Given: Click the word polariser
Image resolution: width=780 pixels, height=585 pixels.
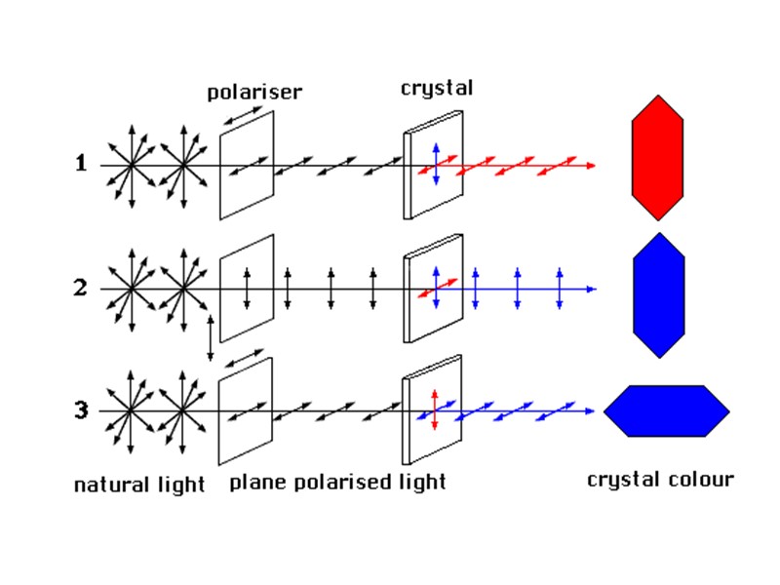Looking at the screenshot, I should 254,93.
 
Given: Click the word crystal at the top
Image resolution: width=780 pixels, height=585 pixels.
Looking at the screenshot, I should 436,88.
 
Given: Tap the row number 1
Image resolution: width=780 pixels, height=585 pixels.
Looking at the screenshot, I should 82,164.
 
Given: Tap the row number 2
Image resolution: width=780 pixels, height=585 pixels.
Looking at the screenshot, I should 82,288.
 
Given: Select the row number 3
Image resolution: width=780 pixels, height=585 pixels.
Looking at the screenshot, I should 82,410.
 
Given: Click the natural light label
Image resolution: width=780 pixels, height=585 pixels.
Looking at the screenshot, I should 139,485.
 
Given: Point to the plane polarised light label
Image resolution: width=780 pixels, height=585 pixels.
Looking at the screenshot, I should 337,482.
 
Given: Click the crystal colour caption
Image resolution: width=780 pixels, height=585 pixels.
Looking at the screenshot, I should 660,480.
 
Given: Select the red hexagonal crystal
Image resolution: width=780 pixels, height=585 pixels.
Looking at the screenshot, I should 657,158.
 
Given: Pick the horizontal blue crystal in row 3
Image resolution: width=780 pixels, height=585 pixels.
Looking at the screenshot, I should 666,411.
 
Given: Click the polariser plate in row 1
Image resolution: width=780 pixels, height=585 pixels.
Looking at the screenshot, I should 247,165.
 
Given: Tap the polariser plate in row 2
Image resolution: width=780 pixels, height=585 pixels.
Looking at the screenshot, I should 247,289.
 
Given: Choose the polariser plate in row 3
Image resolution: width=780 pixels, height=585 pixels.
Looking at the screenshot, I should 246,411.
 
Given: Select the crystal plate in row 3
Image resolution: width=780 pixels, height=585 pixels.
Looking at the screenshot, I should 433,410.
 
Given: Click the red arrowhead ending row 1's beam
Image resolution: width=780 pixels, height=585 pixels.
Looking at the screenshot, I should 590,166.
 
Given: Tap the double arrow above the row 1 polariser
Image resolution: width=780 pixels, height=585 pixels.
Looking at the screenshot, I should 243,116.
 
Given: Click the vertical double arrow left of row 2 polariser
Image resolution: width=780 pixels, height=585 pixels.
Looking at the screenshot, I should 210,338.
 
